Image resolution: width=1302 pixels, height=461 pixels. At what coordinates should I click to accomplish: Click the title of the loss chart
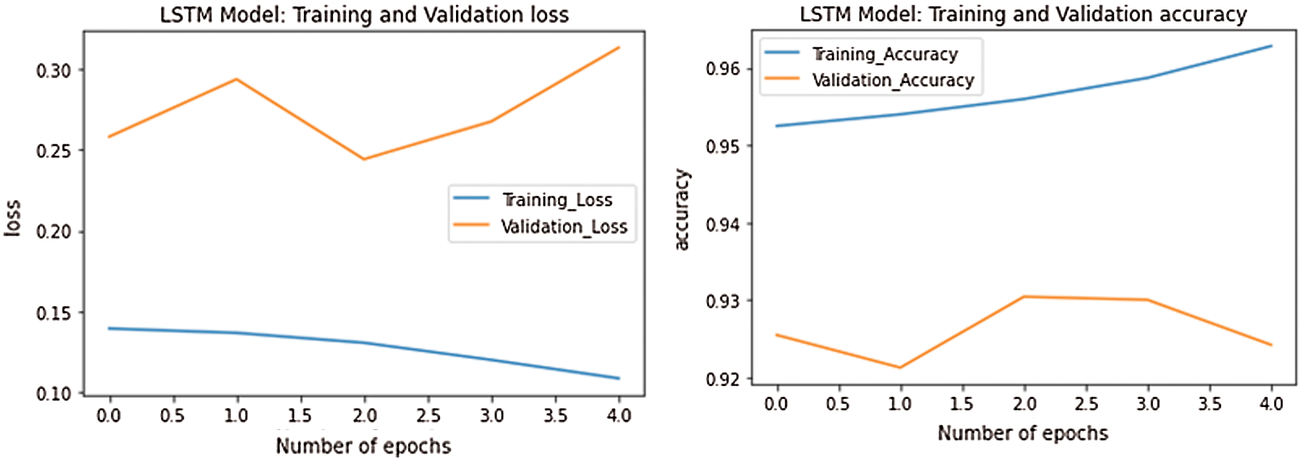tap(364, 14)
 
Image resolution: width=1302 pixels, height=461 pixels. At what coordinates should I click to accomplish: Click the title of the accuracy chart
tap(1023, 14)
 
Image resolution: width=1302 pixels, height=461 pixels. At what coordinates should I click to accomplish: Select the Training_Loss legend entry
tap(557, 200)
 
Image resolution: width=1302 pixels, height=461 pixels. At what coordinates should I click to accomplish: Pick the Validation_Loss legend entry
tap(564, 226)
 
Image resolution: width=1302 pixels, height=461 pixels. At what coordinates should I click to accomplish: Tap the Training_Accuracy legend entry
tap(884, 54)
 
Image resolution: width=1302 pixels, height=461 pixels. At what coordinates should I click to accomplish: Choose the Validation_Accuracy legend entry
tap(893, 80)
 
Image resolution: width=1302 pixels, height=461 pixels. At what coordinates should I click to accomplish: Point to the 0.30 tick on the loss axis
tap(53, 70)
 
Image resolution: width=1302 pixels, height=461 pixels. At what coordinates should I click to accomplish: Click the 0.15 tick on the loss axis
tap(53, 313)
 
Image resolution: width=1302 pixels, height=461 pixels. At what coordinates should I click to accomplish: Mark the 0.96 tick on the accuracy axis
tap(723, 68)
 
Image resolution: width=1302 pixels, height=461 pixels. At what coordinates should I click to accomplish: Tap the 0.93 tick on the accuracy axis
tap(723, 301)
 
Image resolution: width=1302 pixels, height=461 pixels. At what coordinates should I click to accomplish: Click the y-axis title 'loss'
tap(13, 217)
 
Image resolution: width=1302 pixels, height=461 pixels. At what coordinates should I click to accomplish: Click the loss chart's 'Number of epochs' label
tap(363, 446)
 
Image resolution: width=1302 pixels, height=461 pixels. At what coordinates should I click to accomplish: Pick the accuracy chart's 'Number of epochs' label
tap(1023, 433)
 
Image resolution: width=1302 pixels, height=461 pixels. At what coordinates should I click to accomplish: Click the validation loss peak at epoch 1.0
tap(236, 80)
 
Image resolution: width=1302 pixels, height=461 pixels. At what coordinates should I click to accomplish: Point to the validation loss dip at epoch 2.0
tap(364, 159)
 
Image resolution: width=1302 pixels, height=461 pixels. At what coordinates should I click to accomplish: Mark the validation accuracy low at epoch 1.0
tap(900, 367)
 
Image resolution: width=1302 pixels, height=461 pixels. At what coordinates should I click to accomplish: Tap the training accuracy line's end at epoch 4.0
tap(1271, 46)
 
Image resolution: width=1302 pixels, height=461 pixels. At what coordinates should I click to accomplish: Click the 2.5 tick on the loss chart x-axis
tap(428, 416)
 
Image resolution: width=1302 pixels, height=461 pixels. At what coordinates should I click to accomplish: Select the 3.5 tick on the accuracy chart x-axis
tap(1209, 404)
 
